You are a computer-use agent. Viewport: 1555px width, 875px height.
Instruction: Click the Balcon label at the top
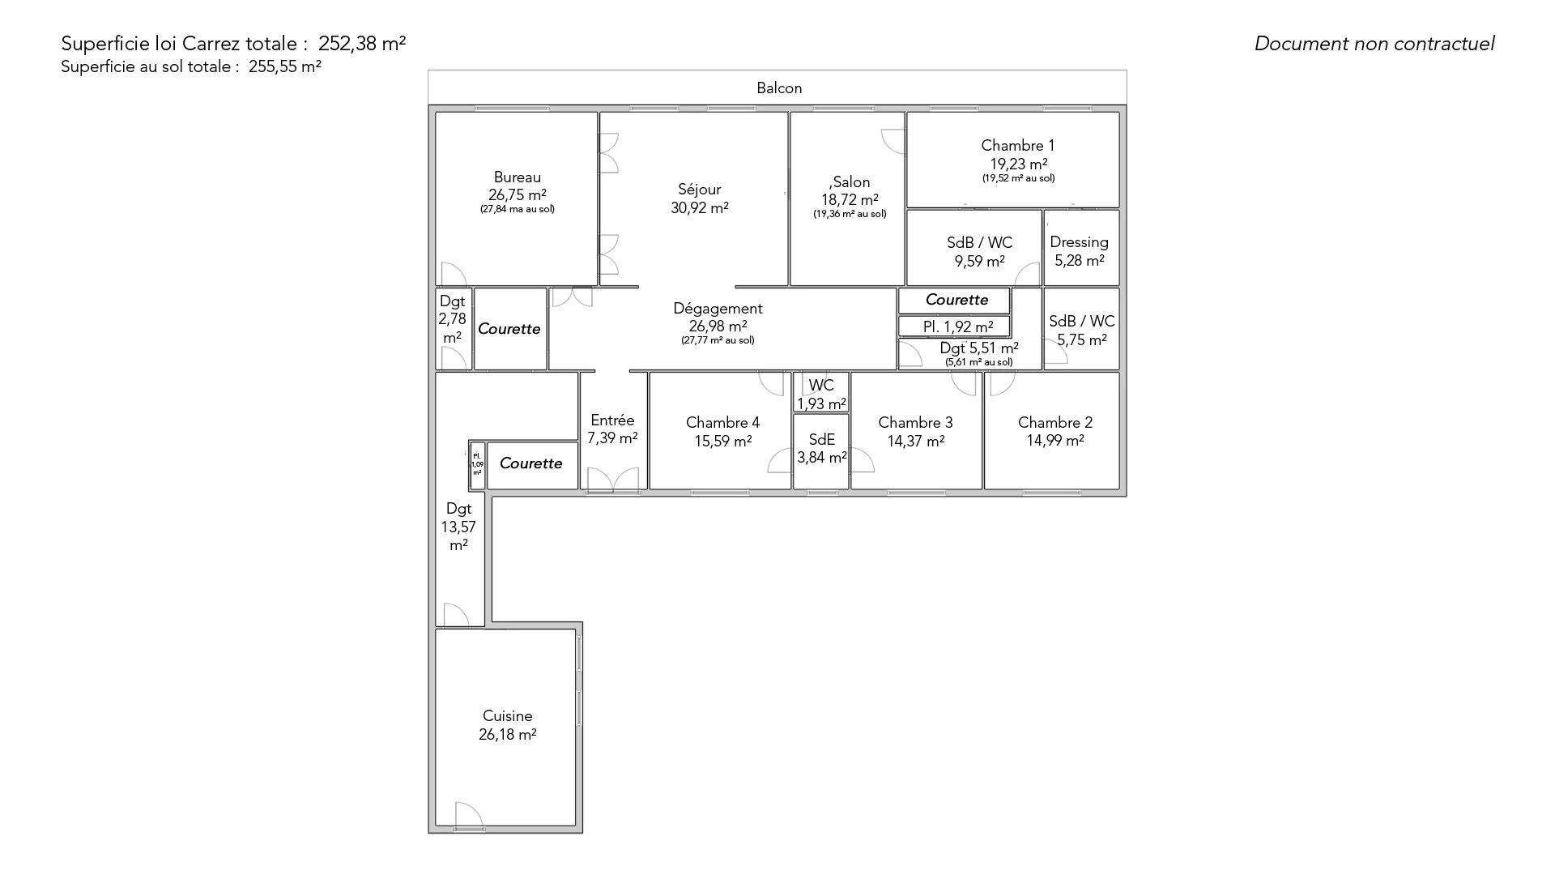(x=779, y=87)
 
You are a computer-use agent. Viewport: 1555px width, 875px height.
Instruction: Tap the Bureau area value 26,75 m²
(x=517, y=194)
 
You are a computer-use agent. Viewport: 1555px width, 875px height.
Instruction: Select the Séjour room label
(x=699, y=190)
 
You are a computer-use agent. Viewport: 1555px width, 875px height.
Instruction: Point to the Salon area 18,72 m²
(x=850, y=199)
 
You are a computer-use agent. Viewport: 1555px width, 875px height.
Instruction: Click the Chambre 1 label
(x=1017, y=145)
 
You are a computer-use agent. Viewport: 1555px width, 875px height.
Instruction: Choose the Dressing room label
(x=1079, y=242)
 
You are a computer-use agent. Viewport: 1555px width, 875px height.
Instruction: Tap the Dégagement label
(x=718, y=309)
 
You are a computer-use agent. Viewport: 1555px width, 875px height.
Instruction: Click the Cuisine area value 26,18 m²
(x=507, y=734)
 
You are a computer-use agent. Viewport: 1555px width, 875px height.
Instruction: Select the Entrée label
(x=612, y=420)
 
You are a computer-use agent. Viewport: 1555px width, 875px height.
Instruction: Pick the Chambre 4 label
(x=722, y=422)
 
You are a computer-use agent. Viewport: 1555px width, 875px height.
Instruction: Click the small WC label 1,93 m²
(x=821, y=395)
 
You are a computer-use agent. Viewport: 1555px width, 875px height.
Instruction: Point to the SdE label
(x=821, y=439)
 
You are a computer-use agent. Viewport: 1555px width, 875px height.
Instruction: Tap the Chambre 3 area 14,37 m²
(x=915, y=441)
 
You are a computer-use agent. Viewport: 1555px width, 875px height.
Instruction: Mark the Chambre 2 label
(x=1054, y=422)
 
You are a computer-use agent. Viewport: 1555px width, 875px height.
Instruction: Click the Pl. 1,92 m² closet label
(x=958, y=327)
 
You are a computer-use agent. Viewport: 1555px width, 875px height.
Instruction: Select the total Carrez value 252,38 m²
(x=362, y=44)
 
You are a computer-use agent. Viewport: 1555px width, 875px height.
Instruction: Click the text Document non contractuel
(x=1374, y=44)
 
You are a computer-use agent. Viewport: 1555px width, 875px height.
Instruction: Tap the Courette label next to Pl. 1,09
(x=530, y=463)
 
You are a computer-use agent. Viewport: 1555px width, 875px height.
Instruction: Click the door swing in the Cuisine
(x=469, y=813)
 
